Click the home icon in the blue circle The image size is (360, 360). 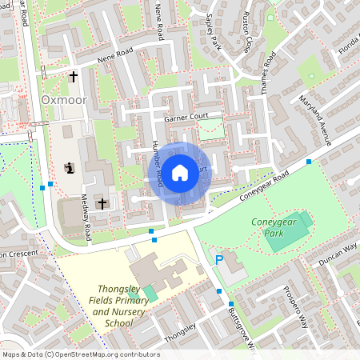(x=180, y=172)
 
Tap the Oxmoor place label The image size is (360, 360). (x=63, y=100)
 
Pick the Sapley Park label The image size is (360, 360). (x=213, y=30)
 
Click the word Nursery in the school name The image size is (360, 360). (x=121, y=312)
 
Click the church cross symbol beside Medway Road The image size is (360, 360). (x=102, y=204)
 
